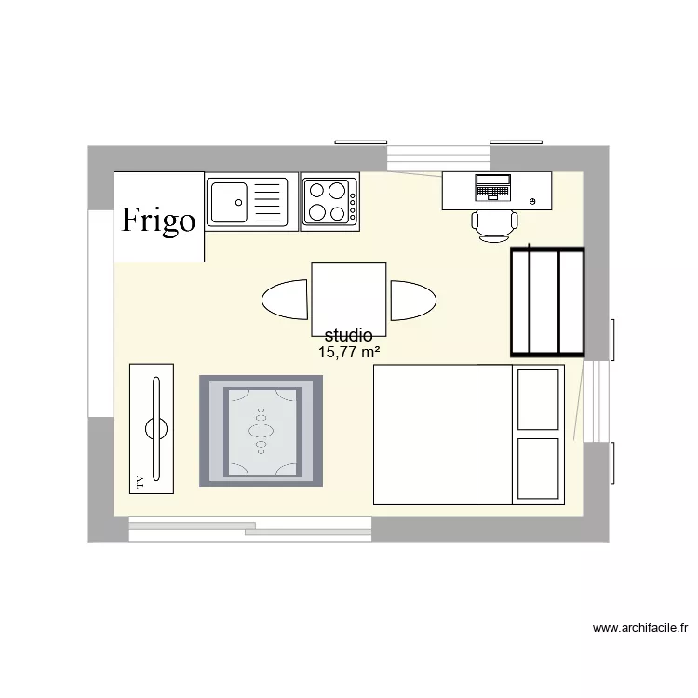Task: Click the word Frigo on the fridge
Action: click(159, 220)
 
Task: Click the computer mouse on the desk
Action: click(532, 200)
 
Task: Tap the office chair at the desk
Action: click(494, 224)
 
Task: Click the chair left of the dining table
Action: click(285, 300)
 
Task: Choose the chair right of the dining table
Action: click(412, 300)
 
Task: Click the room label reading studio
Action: click(349, 335)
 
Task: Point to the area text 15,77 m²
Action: click(349, 352)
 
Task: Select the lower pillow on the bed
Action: click(539, 470)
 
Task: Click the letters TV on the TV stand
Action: click(141, 481)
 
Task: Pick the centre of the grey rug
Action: click(262, 430)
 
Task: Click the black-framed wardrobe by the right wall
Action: click(547, 302)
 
